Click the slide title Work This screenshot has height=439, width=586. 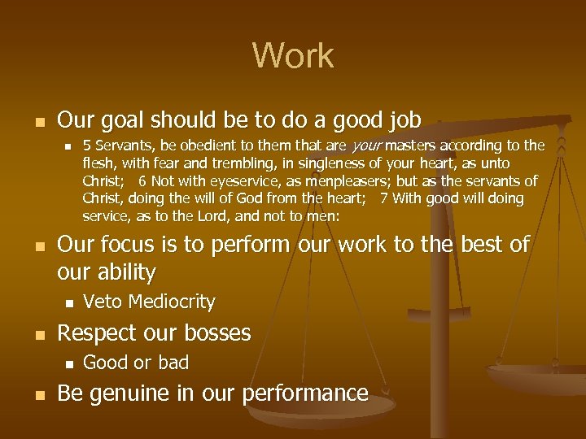[293, 56]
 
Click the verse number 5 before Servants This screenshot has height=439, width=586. [87, 146]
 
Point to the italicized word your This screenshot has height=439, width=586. [366, 146]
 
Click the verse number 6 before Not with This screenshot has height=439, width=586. [142, 181]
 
